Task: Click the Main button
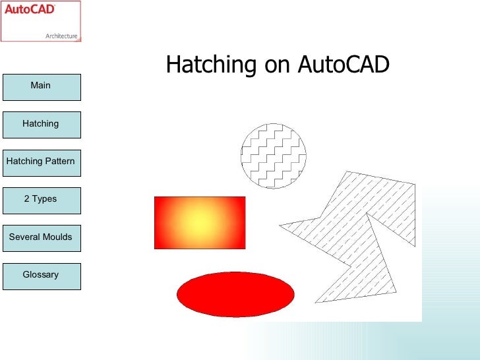pyautogui.click(x=41, y=86)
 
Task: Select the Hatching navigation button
pyautogui.click(x=41, y=124)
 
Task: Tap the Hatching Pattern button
pyautogui.click(x=41, y=162)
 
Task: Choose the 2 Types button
pyautogui.click(x=41, y=199)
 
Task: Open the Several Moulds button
pyautogui.click(x=41, y=237)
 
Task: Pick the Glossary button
pyautogui.click(x=41, y=275)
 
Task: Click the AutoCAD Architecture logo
pyautogui.click(x=42, y=21)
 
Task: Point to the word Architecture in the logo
pyautogui.click(x=61, y=36)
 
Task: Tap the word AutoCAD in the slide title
pyautogui.click(x=344, y=65)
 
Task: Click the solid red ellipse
pyautogui.click(x=235, y=293)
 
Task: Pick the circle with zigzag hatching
pyautogui.click(x=274, y=156)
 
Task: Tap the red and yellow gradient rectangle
pyautogui.click(x=199, y=222)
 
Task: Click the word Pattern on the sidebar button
pyautogui.click(x=59, y=162)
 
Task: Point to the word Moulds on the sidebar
pyautogui.click(x=57, y=237)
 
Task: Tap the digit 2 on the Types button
pyautogui.click(x=27, y=199)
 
